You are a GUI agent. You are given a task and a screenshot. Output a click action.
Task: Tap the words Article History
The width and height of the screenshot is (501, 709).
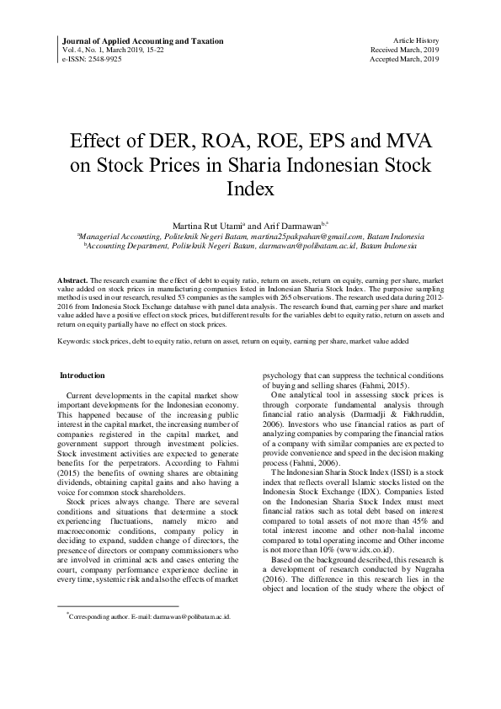416,41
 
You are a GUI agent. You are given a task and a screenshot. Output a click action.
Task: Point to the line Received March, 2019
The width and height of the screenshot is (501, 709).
405,51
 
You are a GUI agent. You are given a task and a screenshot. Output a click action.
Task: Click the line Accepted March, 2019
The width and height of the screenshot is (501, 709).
405,60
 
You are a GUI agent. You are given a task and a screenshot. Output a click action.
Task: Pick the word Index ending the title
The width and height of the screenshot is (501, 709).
251,188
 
